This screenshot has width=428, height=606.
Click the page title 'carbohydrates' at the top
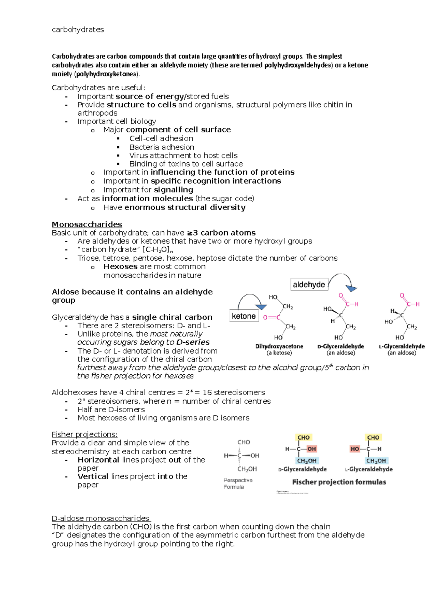78,30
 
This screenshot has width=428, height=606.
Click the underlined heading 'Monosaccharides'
87,224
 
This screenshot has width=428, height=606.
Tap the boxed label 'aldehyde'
309,284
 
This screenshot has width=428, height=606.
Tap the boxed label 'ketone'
244,316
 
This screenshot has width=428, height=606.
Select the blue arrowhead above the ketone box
261,307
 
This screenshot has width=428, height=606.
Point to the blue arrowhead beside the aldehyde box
352,288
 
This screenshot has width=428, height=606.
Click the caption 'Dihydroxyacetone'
279,346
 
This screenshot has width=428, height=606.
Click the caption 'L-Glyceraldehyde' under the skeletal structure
402,346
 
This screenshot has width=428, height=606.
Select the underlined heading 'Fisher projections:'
85,434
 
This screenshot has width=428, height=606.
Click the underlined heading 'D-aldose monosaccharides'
101,518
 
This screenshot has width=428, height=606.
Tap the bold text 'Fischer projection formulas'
339,482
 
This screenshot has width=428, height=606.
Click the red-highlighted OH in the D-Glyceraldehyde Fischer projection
311,449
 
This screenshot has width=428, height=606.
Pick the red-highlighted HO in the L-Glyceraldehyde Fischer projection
355,449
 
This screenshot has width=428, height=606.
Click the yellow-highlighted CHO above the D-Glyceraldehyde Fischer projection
304,438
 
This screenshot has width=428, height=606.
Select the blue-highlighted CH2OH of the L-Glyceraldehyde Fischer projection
376,461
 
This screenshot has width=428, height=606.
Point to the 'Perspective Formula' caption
238,484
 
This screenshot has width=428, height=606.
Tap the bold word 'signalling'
173,190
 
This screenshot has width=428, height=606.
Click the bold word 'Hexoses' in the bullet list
120,267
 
